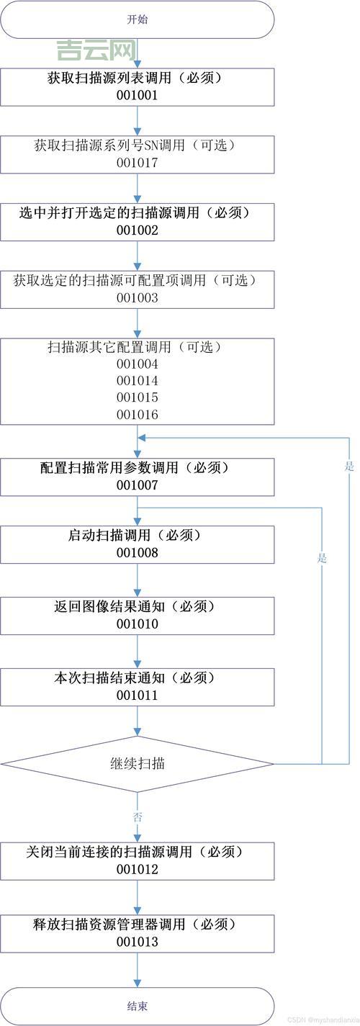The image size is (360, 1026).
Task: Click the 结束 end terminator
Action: tap(137, 1006)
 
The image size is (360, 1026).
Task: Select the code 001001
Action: tap(137, 94)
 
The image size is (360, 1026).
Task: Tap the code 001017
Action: tap(137, 163)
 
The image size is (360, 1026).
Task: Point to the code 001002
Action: tap(137, 230)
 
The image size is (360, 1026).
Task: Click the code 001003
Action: tap(137, 298)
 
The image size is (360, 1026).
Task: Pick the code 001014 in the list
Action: tap(137, 381)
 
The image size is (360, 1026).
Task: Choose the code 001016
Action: tap(137, 415)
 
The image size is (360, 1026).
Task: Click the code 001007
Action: tap(137, 485)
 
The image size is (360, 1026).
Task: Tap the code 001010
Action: tap(137, 624)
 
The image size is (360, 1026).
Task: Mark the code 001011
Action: tap(137, 696)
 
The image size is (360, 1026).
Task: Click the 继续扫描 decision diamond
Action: tap(137, 763)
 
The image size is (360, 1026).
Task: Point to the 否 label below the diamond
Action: tap(138, 816)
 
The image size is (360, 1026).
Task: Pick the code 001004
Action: tap(137, 364)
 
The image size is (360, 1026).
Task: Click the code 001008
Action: tap(137, 553)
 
